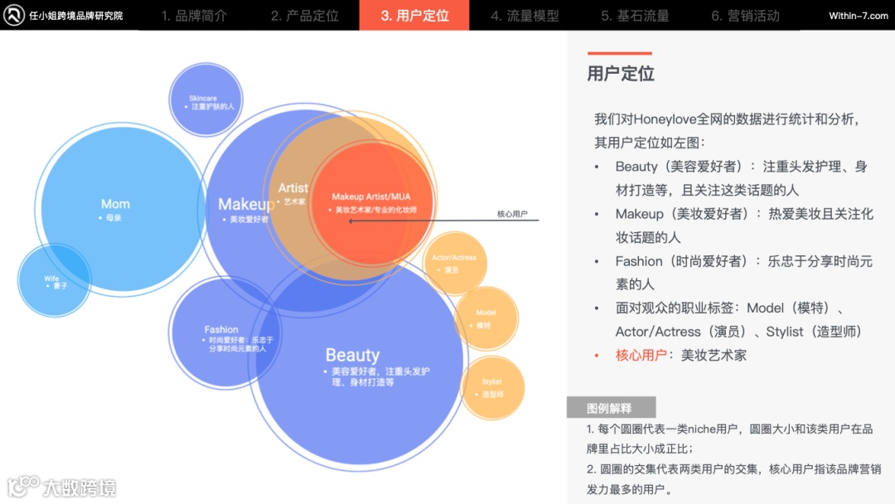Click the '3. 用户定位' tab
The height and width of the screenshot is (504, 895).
click(414, 16)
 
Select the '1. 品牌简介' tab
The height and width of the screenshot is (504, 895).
click(194, 16)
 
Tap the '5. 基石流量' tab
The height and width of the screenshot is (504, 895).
click(635, 16)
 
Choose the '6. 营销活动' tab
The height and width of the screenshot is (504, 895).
click(745, 16)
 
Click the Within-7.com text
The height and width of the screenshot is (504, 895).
click(858, 16)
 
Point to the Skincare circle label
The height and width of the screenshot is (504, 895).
click(203, 99)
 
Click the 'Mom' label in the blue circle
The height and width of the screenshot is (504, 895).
click(115, 204)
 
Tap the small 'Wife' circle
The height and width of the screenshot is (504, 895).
click(52, 279)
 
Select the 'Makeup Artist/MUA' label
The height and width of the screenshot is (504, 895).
click(370, 196)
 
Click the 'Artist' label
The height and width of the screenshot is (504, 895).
click(293, 188)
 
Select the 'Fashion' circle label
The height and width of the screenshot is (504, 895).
click(221, 330)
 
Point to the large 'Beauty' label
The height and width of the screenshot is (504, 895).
click(352, 356)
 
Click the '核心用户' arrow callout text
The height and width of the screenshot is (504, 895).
click(512, 214)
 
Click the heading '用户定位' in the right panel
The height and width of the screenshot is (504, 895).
click(621, 74)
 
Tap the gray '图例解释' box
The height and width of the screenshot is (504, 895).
click(610, 408)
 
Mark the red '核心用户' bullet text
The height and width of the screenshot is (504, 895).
click(641, 355)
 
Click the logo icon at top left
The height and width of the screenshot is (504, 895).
click(14, 15)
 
